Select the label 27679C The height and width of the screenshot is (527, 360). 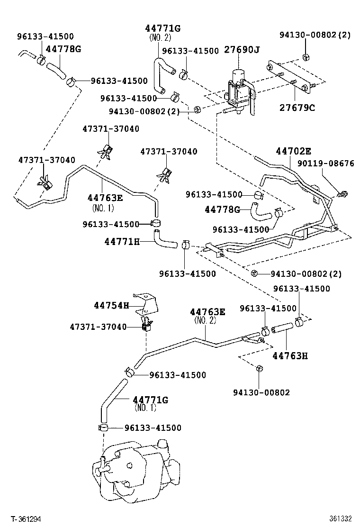(x=297, y=108)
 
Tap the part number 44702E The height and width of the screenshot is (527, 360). (x=293, y=152)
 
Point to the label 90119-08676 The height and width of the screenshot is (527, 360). (x=325, y=164)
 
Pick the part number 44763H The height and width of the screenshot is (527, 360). (x=289, y=355)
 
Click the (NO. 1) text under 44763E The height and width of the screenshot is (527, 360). (x=103, y=208)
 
